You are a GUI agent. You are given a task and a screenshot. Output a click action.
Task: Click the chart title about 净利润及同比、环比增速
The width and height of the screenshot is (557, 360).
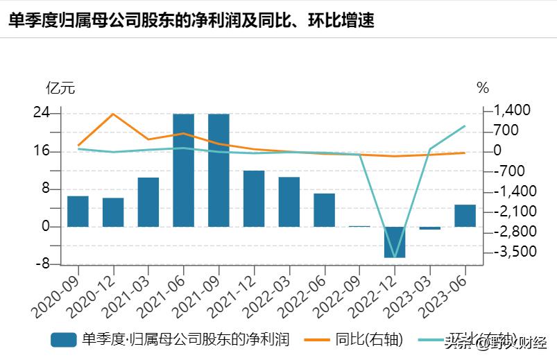[x=191, y=20]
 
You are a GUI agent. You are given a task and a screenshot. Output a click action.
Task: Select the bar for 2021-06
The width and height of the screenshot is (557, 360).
[x=183, y=170]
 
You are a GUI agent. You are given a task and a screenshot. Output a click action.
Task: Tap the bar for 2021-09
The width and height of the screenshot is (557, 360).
[x=218, y=170]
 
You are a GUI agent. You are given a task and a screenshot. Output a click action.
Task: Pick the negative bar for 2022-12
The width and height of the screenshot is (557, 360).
[x=395, y=242]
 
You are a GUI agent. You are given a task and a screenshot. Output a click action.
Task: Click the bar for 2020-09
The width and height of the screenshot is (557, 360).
[x=78, y=212]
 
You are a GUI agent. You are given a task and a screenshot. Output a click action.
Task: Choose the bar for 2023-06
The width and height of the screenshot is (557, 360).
[x=465, y=216]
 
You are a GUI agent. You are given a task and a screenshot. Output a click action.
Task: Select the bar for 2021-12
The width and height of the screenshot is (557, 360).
[x=254, y=198]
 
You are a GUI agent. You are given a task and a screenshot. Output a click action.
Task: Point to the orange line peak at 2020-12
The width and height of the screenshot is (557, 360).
[x=113, y=114]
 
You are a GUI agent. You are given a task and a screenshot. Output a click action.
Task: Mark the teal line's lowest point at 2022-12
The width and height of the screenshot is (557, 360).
[x=395, y=257]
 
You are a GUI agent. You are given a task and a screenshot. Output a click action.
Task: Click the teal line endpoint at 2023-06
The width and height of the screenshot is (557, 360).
[x=465, y=126]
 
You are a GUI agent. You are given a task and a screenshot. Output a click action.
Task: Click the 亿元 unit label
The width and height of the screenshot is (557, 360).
[x=60, y=88]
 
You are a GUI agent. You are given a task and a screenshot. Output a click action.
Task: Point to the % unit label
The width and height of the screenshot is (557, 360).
[x=483, y=88]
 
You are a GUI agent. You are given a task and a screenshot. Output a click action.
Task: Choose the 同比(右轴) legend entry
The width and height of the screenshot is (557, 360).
[x=368, y=339]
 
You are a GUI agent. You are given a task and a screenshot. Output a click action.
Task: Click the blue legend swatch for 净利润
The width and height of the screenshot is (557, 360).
[x=63, y=339]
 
